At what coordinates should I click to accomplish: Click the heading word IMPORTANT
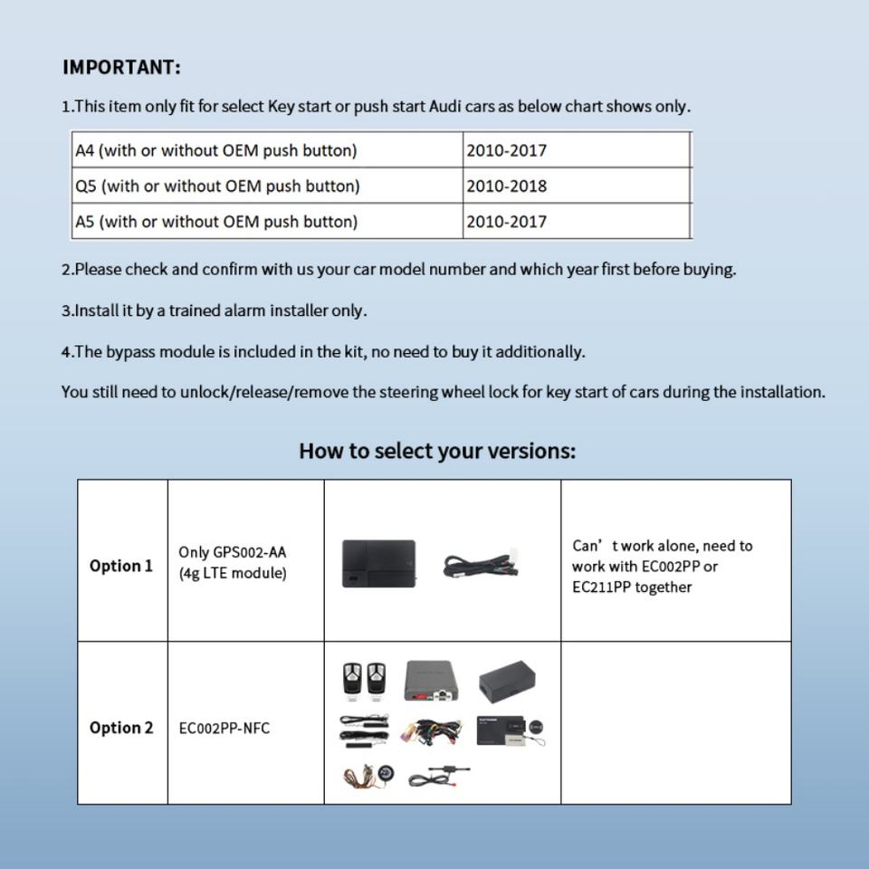120,68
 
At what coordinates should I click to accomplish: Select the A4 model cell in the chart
215,150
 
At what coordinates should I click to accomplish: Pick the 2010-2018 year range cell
507,186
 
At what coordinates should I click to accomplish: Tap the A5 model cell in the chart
215,222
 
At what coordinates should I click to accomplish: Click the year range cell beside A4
507,150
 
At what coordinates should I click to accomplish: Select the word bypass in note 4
131,352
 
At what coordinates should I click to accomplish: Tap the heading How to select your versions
437,451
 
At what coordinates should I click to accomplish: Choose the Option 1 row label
121,566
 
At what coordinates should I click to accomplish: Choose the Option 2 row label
121,728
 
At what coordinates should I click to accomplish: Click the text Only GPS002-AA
233,552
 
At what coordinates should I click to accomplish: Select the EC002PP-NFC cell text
224,729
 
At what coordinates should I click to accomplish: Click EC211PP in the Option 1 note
602,587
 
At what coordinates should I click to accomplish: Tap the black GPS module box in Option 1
378,564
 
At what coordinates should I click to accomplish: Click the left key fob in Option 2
351,678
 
